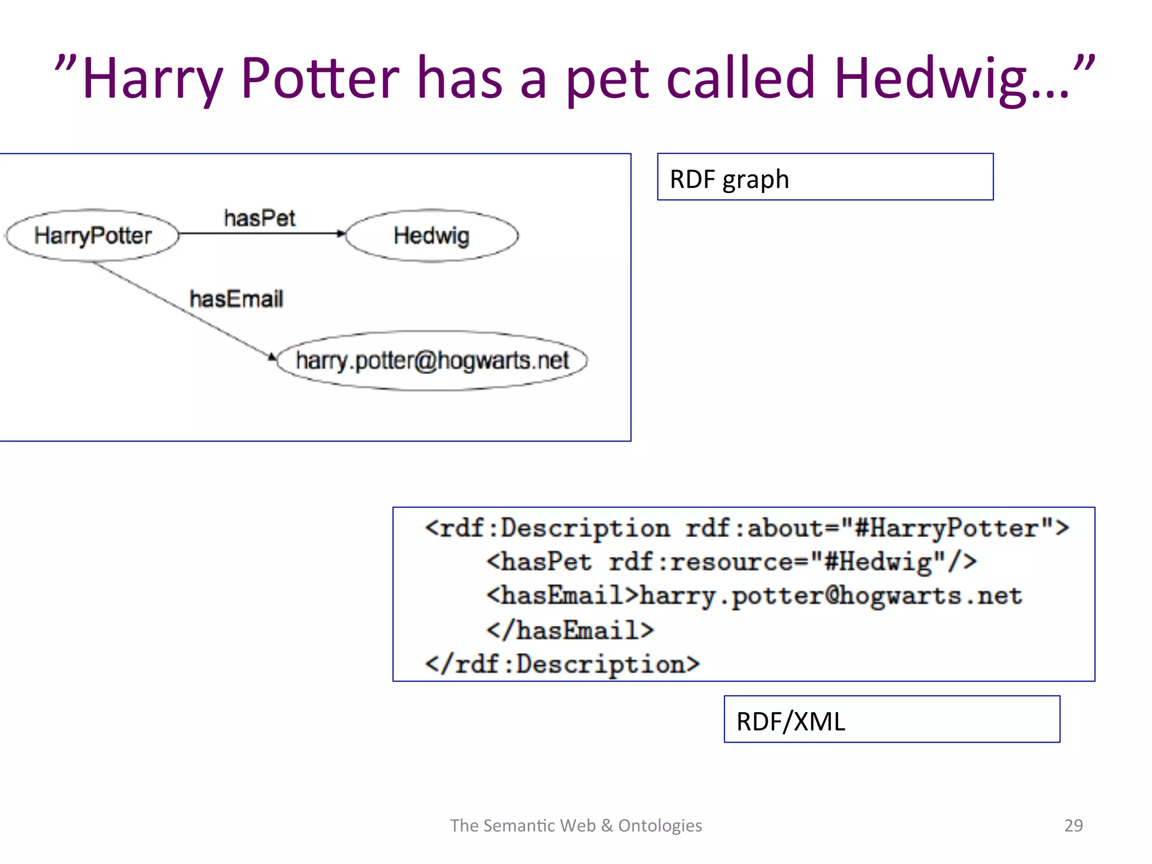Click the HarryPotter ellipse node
[x=92, y=236]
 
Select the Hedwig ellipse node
[x=431, y=236]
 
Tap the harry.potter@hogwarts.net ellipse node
[x=432, y=361]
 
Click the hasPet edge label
[x=259, y=218]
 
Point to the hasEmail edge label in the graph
[x=236, y=299]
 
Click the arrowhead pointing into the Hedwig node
[x=341, y=233]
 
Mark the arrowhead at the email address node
[x=272, y=357]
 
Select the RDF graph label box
[x=825, y=177]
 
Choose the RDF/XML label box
[x=892, y=719]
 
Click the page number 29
[x=1073, y=825]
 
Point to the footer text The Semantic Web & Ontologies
[x=576, y=825]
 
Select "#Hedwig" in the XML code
[x=877, y=562]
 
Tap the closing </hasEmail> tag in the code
[x=570, y=630]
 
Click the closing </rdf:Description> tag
[x=562, y=664]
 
